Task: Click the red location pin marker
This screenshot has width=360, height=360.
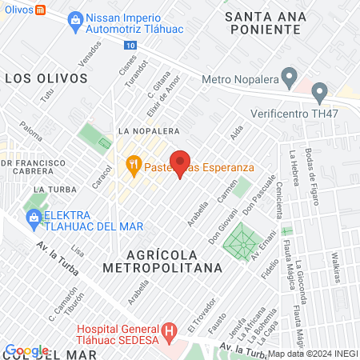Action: coord(181,162)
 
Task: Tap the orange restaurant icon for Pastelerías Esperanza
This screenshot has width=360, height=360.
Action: coord(134,167)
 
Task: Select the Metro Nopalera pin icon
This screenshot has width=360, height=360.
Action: coord(290,78)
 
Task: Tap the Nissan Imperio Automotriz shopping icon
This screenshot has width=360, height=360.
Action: coord(74,20)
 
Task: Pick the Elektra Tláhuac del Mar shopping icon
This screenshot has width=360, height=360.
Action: coord(34,216)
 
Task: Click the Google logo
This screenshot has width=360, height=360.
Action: coord(26,350)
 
